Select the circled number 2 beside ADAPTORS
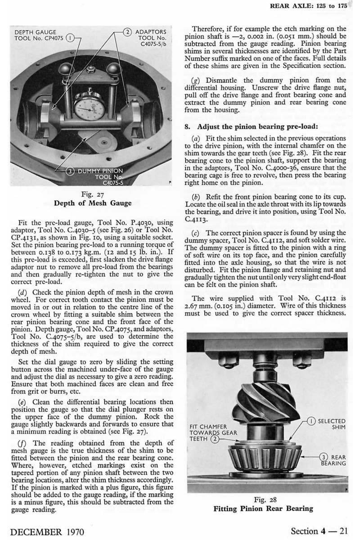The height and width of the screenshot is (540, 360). pos(127,32)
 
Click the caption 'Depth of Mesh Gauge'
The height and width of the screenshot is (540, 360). pos(93,203)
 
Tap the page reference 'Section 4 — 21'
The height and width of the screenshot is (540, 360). pos(319,531)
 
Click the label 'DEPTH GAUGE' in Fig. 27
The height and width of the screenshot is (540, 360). pos(36,32)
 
